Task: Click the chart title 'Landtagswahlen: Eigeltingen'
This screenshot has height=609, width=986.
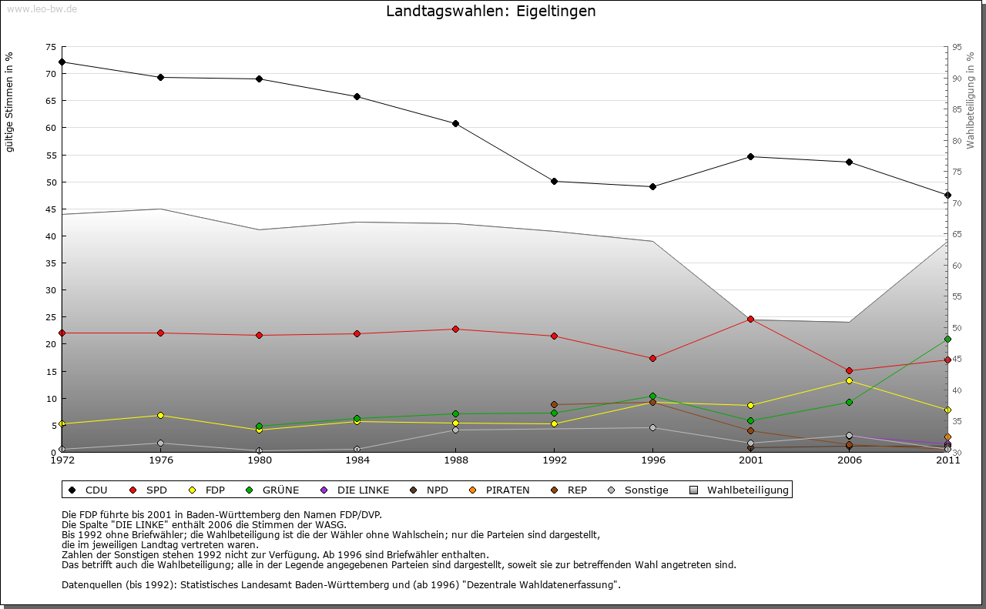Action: (x=491, y=12)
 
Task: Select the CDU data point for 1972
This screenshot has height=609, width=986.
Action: (x=62, y=62)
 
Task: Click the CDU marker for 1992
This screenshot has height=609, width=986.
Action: (x=554, y=182)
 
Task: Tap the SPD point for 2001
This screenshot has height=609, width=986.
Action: (x=751, y=319)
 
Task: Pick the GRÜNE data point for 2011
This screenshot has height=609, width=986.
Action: (x=947, y=340)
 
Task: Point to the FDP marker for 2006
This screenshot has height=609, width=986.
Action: (x=849, y=380)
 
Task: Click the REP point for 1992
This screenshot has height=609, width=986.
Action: (x=554, y=404)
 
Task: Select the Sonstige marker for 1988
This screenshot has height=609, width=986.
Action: (x=455, y=430)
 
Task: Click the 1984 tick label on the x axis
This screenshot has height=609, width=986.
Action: (x=357, y=460)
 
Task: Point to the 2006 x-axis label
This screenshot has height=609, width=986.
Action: (x=849, y=460)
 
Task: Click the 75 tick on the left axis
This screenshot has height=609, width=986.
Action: (x=50, y=47)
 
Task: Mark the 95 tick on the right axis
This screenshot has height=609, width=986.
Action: (x=957, y=47)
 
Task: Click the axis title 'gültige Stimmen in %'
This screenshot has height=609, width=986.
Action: (x=9, y=102)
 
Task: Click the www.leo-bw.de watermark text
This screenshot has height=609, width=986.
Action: (x=42, y=8)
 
